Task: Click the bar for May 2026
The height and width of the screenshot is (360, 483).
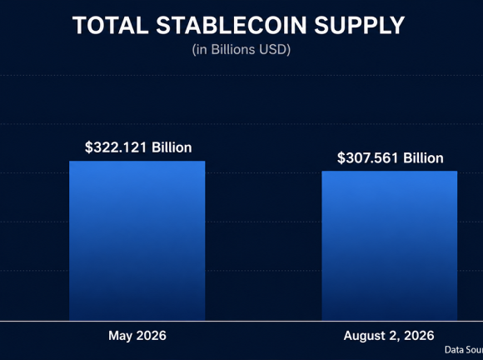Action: coord(137,241)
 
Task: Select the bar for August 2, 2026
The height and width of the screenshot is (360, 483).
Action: coord(390,246)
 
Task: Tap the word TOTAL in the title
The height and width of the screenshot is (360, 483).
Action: coord(111,25)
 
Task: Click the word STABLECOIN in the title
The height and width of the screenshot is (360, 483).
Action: coord(232,25)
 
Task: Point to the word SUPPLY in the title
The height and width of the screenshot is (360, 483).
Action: coord(360,25)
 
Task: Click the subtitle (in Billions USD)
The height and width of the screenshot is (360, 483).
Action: coord(242,50)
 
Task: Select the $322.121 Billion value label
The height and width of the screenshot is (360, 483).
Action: coord(138,147)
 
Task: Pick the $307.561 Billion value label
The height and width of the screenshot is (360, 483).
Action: coord(391,157)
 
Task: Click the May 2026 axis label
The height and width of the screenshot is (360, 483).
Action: coord(137,335)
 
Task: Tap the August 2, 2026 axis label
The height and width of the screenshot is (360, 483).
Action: coord(389,336)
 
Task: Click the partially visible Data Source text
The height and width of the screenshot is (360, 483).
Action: coord(464,350)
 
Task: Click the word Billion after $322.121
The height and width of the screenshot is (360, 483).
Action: coord(172,147)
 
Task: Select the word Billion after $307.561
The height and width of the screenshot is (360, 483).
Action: coord(424,157)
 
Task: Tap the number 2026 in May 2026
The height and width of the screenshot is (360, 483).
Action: coord(152,335)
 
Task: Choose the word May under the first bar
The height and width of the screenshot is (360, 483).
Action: coord(121,336)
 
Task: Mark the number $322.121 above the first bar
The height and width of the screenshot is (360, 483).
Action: coord(116,147)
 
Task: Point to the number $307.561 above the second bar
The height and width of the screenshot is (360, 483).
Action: coord(368,157)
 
